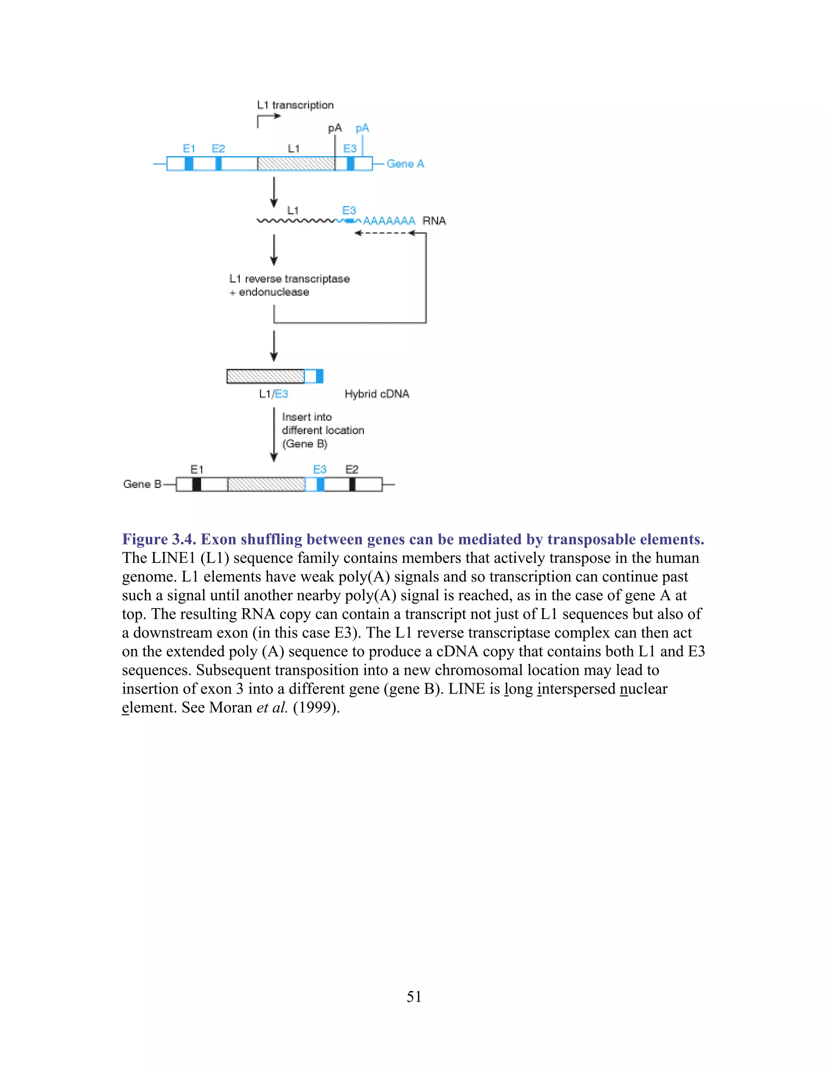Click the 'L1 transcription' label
click(295, 105)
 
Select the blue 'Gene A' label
click(405, 164)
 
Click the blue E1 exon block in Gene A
click(189, 164)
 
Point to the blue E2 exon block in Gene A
click(219, 164)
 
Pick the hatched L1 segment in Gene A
click(295, 164)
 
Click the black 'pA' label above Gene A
click(334, 128)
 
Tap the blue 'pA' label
click(362, 128)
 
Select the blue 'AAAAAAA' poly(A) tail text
click(389, 221)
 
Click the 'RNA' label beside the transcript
click(434, 221)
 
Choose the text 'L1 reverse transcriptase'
click(289, 279)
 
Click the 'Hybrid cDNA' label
click(377, 394)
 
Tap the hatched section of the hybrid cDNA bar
click(265, 376)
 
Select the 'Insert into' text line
click(307, 417)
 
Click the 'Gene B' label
click(142, 484)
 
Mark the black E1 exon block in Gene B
click(196, 484)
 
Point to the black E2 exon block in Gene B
click(352, 484)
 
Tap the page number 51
click(414, 996)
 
